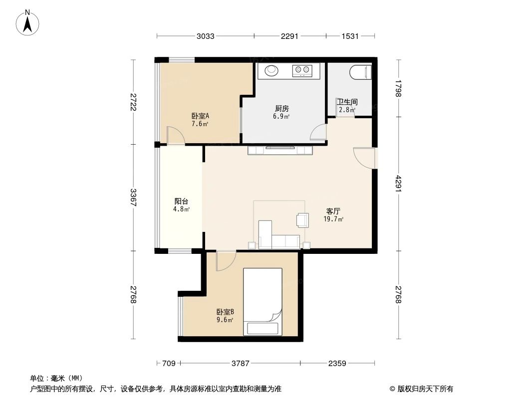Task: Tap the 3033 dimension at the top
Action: click(x=206, y=36)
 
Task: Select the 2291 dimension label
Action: click(x=289, y=36)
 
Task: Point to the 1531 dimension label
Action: click(x=350, y=36)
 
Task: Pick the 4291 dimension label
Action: click(x=398, y=184)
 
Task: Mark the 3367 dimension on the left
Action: click(x=133, y=198)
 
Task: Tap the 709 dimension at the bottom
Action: click(x=169, y=364)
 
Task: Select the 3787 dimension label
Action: click(x=240, y=364)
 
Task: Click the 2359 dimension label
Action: click(x=337, y=364)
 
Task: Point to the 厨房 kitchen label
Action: click(x=281, y=108)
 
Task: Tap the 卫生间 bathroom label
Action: click(x=347, y=102)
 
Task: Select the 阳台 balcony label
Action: click(x=181, y=201)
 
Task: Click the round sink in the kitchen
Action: click(x=271, y=70)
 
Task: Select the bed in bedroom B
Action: click(x=263, y=301)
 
